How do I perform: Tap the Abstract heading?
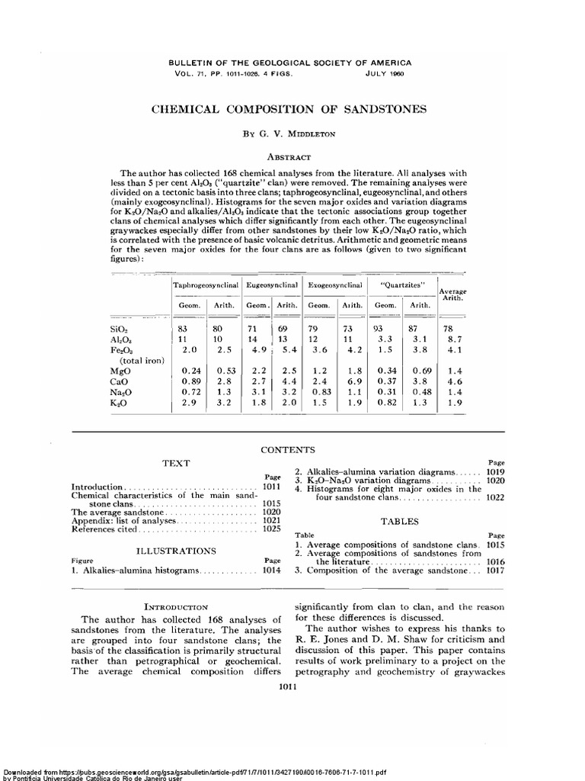(292, 156)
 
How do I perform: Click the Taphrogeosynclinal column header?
(207, 284)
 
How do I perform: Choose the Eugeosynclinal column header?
(272, 284)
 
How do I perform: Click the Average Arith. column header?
(449, 295)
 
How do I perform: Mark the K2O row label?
(119, 403)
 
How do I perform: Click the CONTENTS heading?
(292, 451)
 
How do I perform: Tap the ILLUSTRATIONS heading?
(176, 550)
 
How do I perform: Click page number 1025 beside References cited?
(271, 529)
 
